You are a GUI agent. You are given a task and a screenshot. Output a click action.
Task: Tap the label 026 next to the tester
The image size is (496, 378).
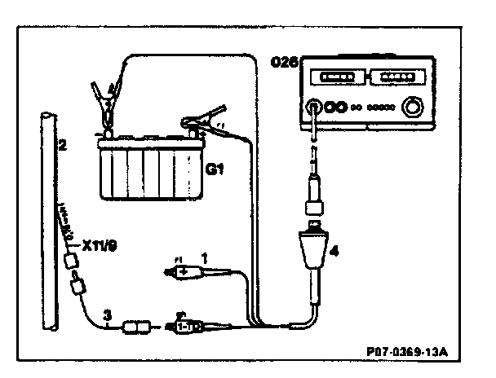[285, 61]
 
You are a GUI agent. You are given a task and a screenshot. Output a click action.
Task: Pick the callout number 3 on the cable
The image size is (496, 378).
[105, 314]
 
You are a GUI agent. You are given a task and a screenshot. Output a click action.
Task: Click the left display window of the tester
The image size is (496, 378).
[335, 78]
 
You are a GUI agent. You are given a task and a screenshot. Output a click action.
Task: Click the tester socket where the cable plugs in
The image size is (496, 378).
[312, 106]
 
